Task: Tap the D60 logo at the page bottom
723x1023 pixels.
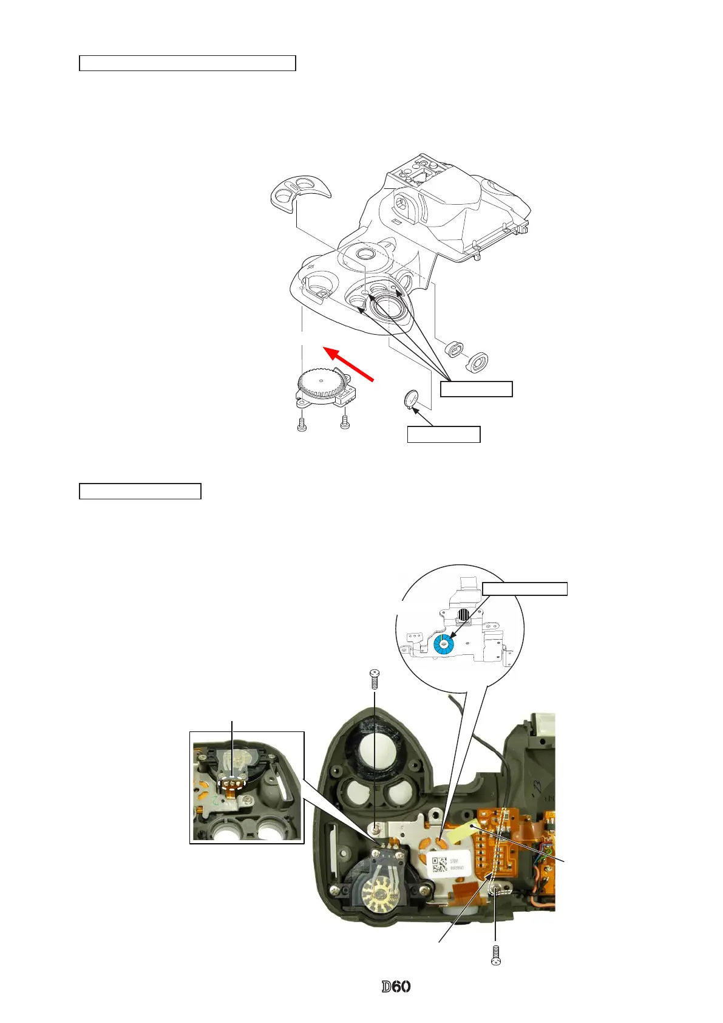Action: (396, 987)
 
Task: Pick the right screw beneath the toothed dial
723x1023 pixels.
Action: (345, 420)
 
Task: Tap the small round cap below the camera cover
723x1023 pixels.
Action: (412, 400)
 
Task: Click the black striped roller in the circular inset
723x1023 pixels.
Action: (464, 615)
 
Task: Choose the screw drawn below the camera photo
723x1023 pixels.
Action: (496, 954)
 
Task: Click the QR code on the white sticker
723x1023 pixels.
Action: (440, 864)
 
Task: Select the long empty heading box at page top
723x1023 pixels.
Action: (188, 63)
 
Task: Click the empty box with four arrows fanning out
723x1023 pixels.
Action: (476, 389)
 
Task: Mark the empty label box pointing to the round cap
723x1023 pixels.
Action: (443, 434)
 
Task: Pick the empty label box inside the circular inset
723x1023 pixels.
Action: (524, 588)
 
